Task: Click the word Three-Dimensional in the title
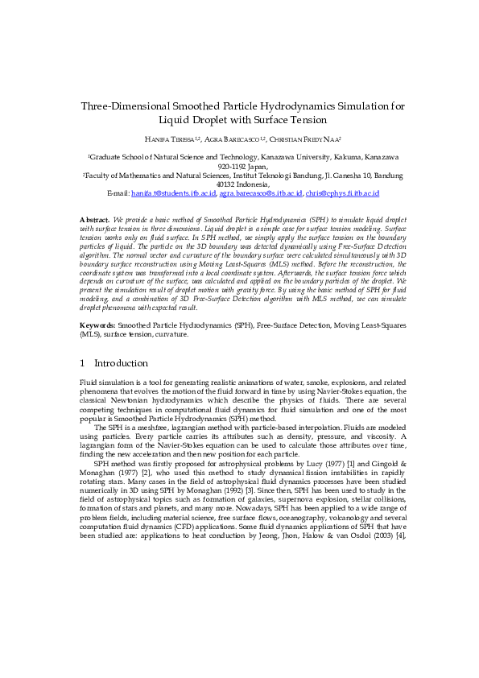pos(122,106)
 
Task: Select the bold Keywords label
pos(99,325)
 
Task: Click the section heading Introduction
pos(122,363)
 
